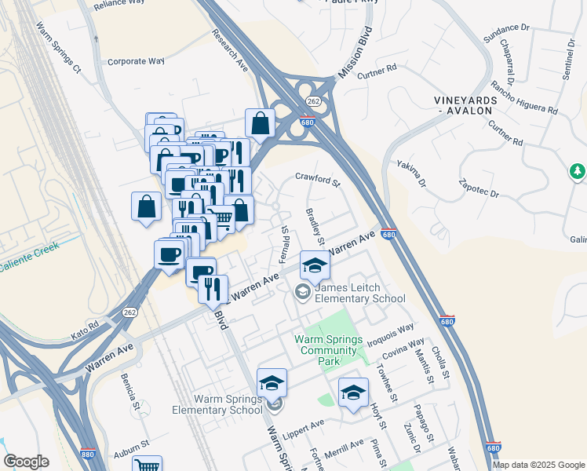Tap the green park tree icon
point(578,170)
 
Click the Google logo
point(26,462)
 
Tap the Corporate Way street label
point(136,60)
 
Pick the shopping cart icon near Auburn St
point(147,465)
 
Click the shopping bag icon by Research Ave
point(260,123)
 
